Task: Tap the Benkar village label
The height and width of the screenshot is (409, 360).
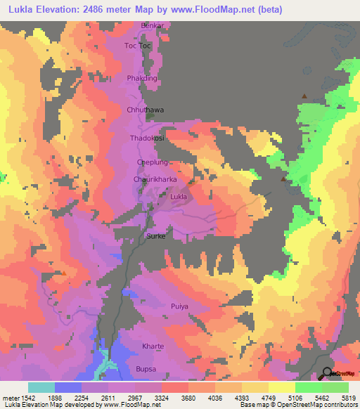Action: (153, 26)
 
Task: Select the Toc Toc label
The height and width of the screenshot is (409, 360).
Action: (138, 46)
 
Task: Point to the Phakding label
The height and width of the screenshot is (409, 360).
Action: (143, 78)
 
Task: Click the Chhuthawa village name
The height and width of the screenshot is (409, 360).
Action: (145, 110)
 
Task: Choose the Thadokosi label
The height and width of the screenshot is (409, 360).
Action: (147, 138)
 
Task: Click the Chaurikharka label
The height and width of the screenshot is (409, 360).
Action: (154, 180)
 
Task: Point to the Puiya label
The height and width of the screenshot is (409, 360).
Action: (180, 306)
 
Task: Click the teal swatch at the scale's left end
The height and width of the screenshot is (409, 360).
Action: (41, 387)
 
